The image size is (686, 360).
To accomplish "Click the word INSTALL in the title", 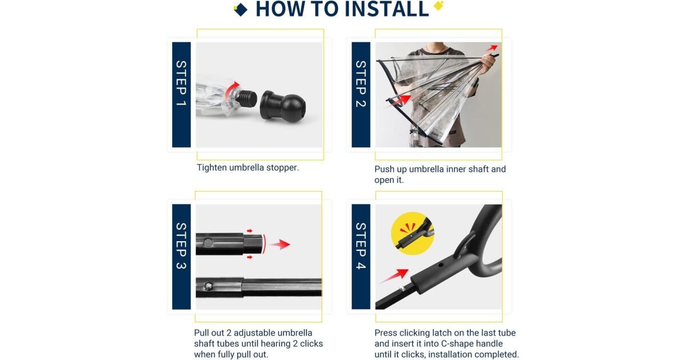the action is click(x=386, y=9).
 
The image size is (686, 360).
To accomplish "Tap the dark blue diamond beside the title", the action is click(x=241, y=10).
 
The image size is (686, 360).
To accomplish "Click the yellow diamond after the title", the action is click(x=438, y=6).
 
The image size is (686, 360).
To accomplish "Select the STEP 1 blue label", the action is click(x=181, y=95).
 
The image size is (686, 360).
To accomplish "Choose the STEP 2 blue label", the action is click(x=361, y=95).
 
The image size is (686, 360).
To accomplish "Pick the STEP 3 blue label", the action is click(x=181, y=257).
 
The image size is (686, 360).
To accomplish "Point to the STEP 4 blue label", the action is click(x=361, y=257).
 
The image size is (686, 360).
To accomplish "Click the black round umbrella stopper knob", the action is click(x=282, y=106).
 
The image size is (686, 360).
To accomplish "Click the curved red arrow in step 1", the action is click(x=231, y=90).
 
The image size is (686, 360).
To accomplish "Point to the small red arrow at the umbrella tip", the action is click(x=492, y=48).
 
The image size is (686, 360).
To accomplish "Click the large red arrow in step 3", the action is click(x=280, y=245).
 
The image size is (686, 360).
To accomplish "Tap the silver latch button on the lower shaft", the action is click(x=208, y=286).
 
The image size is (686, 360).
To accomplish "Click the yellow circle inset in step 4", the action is click(x=412, y=234).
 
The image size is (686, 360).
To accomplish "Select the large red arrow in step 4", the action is click(x=394, y=275).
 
